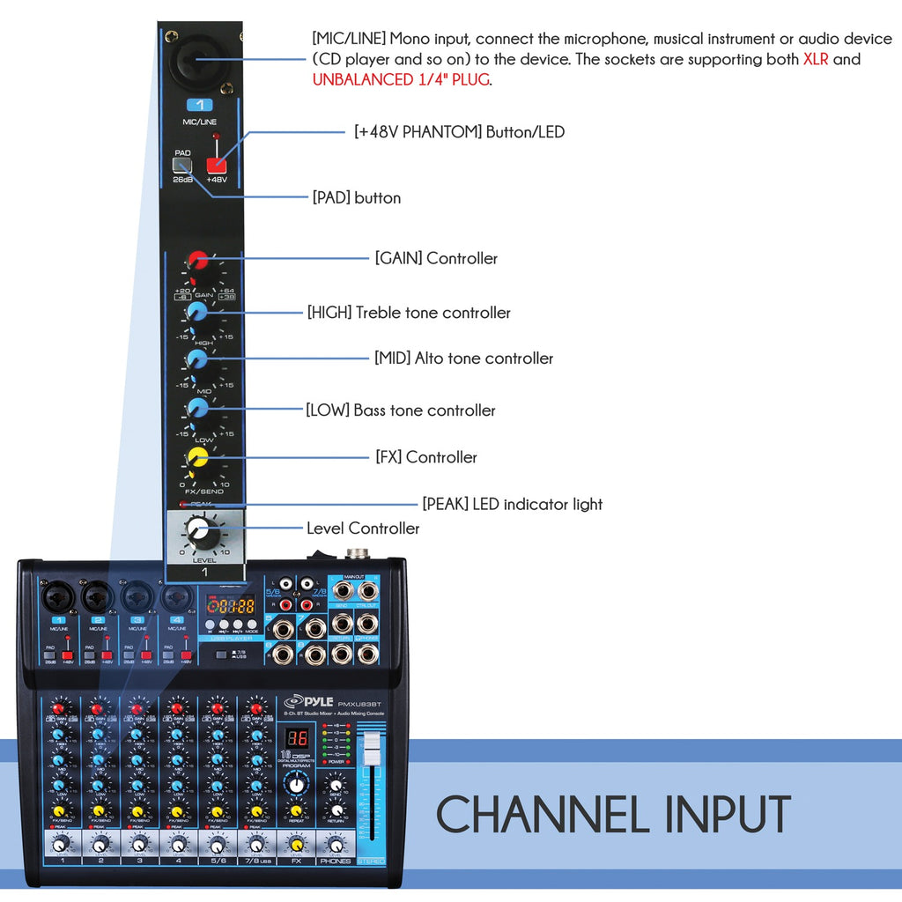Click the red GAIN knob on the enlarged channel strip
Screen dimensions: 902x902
pyautogui.click(x=197, y=260)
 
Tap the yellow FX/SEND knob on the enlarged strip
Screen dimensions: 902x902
pyautogui.click(x=197, y=457)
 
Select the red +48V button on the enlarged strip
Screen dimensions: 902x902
pyautogui.click(x=216, y=164)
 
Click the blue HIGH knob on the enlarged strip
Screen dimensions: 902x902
pyautogui.click(x=197, y=311)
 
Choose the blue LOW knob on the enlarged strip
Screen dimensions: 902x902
pyautogui.click(x=197, y=408)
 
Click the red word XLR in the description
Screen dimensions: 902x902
pyautogui.click(x=816, y=60)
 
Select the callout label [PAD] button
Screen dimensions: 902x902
pyautogui.click(x=357, y=198)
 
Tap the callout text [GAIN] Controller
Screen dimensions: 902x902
pyautogui.click(x=436, y=258)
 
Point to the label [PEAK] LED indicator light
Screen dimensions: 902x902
pyautogui.click(x=512, y=504)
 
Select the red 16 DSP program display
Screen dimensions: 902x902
pyautogui.click(x=299, y=739)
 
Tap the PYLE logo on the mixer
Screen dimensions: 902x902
pyautogui.click(x=308, y=702)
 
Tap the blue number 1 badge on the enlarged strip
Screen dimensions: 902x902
pyautogui.click(x=199, y=105)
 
